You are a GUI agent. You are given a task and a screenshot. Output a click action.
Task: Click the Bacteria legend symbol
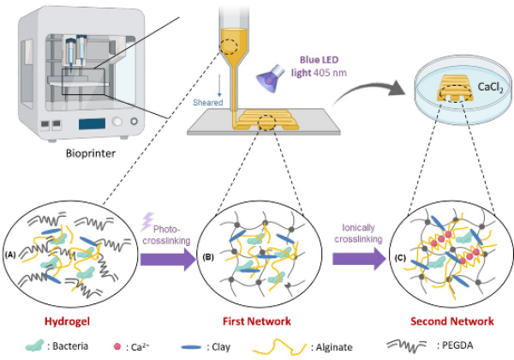[35, 345]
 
